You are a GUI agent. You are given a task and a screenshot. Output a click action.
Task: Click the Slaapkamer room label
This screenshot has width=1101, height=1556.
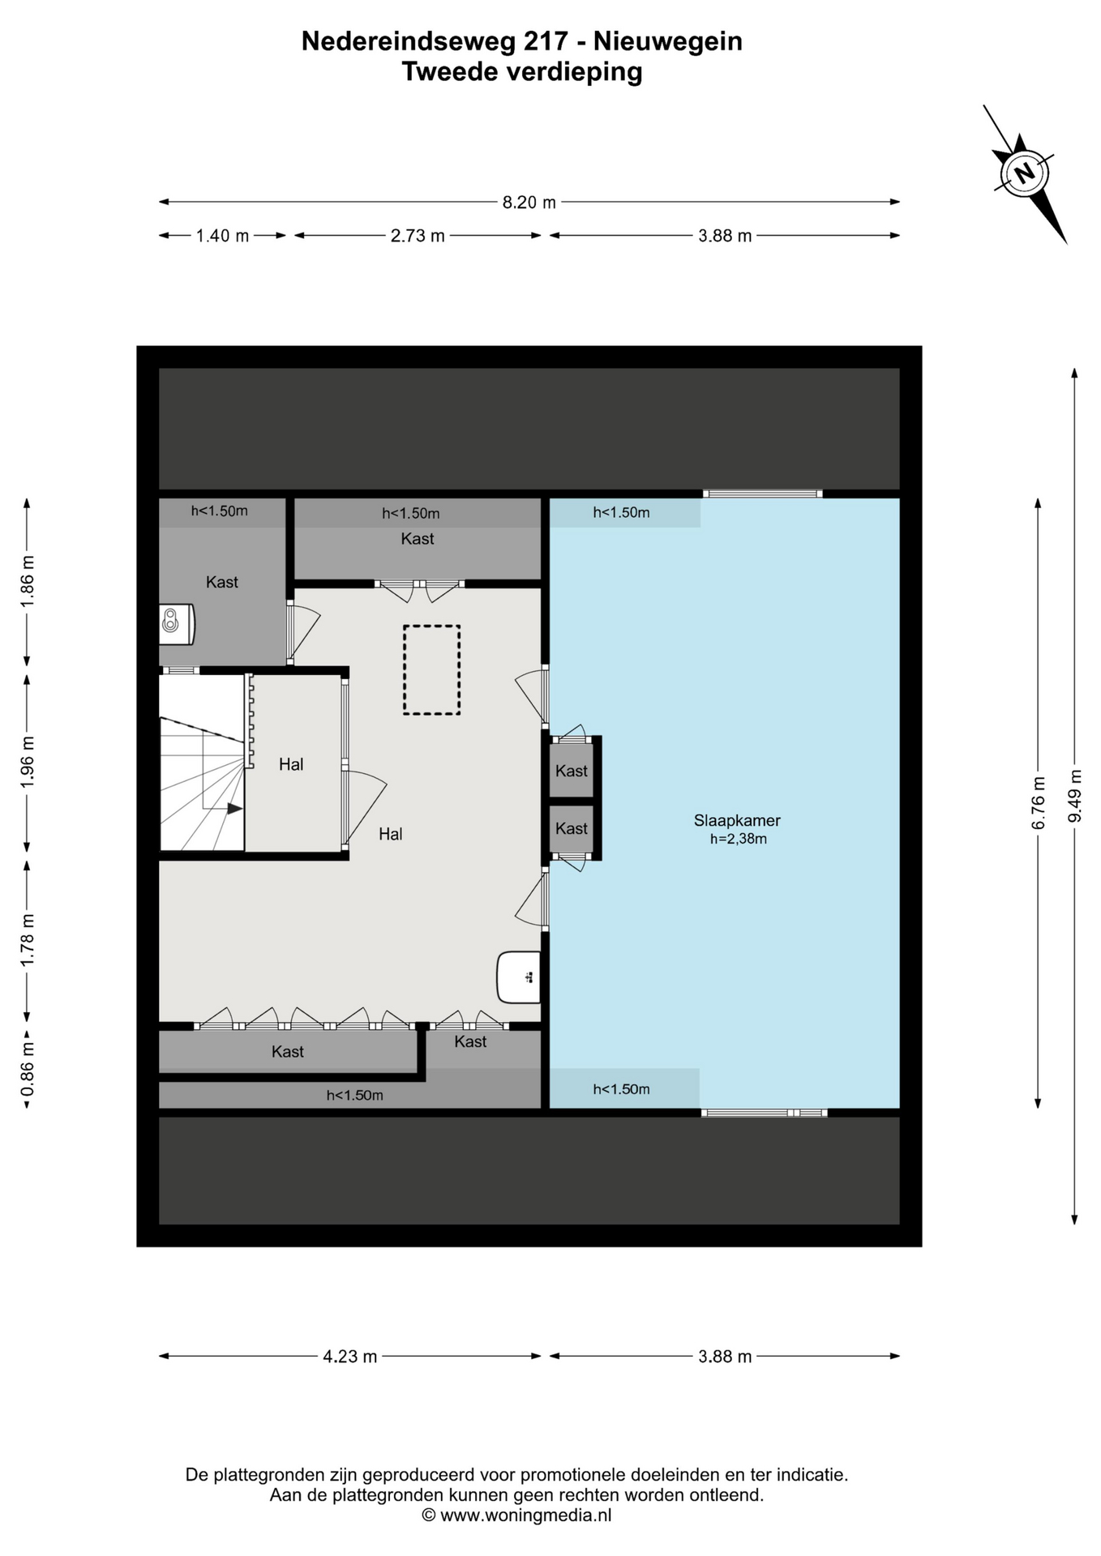pyautogui.click(x=737, y=820)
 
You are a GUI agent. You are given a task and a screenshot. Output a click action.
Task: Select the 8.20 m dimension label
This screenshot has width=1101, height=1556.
pyautogui.click(x=529, y=203)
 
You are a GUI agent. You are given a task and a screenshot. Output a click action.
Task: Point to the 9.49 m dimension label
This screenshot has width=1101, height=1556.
pyautogui.click(x=1075, y=795)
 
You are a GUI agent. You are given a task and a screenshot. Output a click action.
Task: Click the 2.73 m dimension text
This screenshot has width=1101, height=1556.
pyautogui.click(x=418, y=236)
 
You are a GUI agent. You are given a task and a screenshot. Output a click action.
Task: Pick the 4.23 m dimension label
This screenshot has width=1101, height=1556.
pyautogui.click(x=350, y=1357)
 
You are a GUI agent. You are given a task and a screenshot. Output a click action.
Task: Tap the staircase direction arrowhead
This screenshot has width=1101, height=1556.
pyautogui.click(x=234, y=808)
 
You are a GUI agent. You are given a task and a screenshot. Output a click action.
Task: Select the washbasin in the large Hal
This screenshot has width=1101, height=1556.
pyautogui.click(x=519, y=977)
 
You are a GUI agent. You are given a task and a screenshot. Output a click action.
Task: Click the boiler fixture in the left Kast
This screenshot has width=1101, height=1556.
pyautogui.click(x=177, y=624)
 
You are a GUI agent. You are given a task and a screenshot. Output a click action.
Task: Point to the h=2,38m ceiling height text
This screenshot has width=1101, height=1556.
pyautogui.click(x=739, y=840)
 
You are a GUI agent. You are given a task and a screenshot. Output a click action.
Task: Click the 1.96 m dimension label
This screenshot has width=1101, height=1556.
pyautogui.click(x=28, y=763)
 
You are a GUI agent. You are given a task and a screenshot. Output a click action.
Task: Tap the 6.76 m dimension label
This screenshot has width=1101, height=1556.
pyautogui.click(x=1039, y=803)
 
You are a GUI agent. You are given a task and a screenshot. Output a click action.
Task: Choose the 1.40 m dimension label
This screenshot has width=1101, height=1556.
pyautogui.click(x=222, y=236)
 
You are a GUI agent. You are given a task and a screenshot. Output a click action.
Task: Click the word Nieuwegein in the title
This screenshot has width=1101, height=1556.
pyautogui.click(x=668, y=41)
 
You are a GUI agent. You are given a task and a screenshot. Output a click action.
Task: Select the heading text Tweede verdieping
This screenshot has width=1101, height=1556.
pyautogui.click(x=522, y=72)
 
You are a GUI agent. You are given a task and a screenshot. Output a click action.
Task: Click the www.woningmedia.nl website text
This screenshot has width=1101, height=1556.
pyautogui.click(x=525, y=1515)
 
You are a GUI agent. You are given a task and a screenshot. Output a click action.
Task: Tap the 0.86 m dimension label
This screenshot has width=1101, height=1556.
pyautogui.click(x=28, y=1067)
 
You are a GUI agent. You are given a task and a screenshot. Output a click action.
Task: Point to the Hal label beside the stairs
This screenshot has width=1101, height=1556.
pyautogui.click(x=291, y=764)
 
